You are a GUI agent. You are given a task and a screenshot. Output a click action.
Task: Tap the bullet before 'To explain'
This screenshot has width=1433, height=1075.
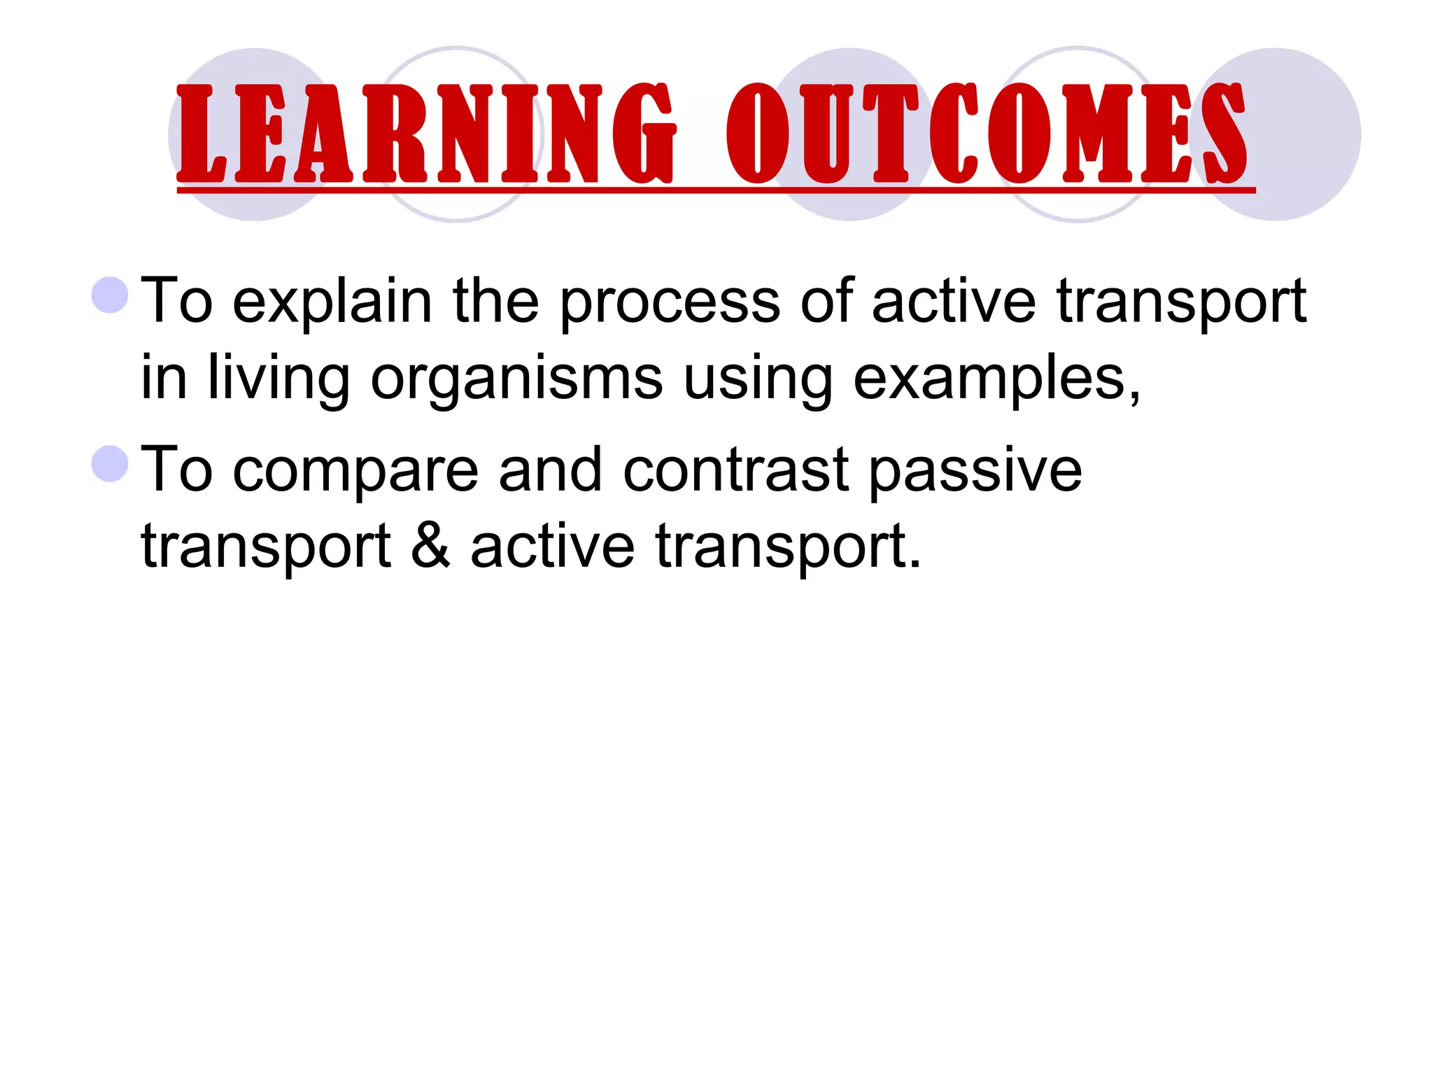[110, 295]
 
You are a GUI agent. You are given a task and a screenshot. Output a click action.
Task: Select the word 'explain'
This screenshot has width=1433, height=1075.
[332, 302]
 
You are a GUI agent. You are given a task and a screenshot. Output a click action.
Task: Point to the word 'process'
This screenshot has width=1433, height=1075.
[670, 302]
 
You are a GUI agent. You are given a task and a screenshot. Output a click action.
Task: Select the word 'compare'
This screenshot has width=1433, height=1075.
[355, 470]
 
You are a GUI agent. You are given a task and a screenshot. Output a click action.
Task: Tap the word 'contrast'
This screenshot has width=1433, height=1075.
[735, 470]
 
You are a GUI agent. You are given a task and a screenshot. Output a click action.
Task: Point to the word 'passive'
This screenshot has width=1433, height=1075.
[975, 470]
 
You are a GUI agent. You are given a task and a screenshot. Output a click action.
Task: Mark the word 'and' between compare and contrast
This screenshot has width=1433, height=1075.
[550, 470]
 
